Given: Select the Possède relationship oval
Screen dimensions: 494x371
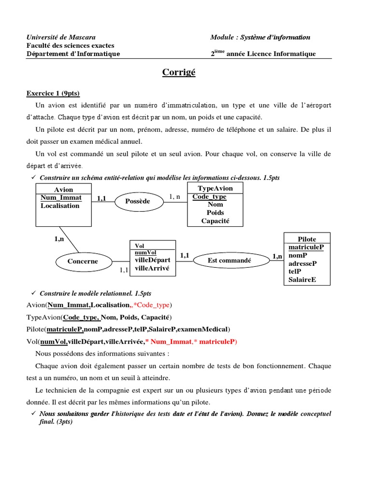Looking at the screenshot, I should pyautogui.click(x=138, y=201).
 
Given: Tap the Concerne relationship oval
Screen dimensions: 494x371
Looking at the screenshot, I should pyautogui.click(x=83, y=261).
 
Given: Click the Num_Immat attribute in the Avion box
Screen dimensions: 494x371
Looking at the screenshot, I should pyautogui.click(x=61, y=197).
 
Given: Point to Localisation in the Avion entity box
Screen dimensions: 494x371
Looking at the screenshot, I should pyautogui.click(x=60, y=206).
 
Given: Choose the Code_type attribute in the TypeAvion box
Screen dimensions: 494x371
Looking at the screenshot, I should pyautogui.click(x=209, y=197).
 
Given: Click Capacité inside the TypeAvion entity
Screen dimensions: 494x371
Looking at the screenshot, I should pyautogui.click(x=215, y=221).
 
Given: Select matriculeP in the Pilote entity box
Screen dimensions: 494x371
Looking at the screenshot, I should pyautogui.click(x=306, y=247).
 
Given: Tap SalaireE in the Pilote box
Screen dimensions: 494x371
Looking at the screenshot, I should pyautogui.click(x=302, y=279).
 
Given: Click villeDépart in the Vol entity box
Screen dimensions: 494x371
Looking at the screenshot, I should pyautogui.click(x=153, y=260).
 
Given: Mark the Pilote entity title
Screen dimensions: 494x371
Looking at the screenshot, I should pyautogui.click(x=307, y=239).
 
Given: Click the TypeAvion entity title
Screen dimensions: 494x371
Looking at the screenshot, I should pyautogui.click(x=215, y=188).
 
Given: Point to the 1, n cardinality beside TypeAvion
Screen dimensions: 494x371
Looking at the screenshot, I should pyautogui.click(x=174, y=196).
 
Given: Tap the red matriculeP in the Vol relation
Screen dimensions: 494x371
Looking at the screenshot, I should pyautogui.click(x=217, y=342).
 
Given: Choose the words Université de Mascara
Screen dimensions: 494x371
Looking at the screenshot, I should pyautogui.click(x=61, y=37).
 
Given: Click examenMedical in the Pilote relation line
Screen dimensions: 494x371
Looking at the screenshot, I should pyautogui.click(x=203, y=329).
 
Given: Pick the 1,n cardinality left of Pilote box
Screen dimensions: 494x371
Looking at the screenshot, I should pyautogui.click(x=277, y=256).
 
